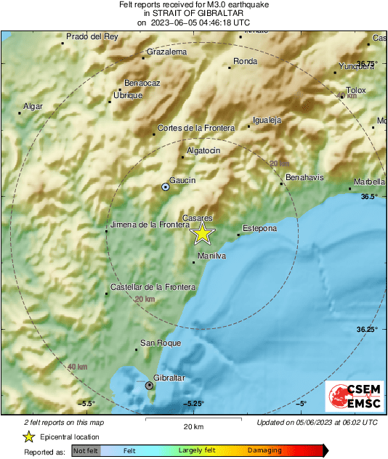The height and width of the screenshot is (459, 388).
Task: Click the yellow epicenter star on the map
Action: pos(203,233)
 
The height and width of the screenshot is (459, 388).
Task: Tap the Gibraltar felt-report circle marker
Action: pos(150,386)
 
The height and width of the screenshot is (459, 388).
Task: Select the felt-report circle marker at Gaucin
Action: pos(166,187)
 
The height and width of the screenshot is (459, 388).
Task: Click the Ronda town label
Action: pos(245,62)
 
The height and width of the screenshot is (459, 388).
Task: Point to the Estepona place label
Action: pos(259,229)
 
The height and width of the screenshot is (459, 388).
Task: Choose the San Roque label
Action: pos(155,343)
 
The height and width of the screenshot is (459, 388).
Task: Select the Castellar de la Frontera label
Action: pos(153,288)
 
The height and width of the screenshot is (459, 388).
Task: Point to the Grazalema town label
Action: pos(166,52)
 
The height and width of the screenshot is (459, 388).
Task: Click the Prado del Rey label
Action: pos(92,36)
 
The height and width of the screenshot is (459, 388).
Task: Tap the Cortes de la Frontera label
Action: pos(196,128)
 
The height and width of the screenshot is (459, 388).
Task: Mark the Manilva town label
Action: pos(211,256)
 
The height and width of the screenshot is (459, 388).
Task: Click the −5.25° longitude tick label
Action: pos(193,404)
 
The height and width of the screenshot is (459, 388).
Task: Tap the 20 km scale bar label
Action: pos(193,426)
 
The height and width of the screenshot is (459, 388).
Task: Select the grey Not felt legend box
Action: pos(86,451)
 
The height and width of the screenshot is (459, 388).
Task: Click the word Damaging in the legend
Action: pos(264,451)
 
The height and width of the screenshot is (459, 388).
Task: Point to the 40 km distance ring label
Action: pos(77,367)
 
